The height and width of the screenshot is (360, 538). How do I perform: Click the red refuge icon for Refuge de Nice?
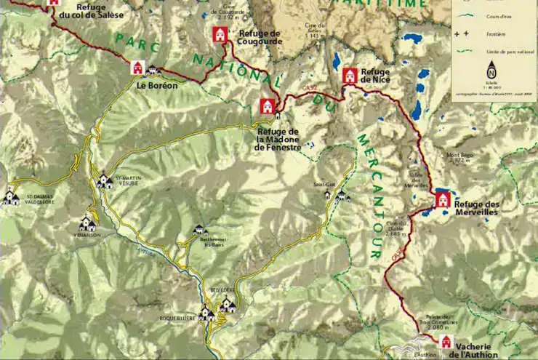pyautogui.click(x=350, y=75)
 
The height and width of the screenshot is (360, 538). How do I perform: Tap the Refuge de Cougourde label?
pyautogui.click(x=254, y=38)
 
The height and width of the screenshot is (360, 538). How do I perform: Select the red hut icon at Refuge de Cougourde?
pyautogui.click(x=220, y=34)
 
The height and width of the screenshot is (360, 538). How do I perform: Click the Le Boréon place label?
pyautogui.click(x=157, y=84)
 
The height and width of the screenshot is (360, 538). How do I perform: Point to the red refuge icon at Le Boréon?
pyautogui.click(x=137, y=68)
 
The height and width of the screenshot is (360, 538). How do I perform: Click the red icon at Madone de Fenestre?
pyautogui.click(x=267, y=107)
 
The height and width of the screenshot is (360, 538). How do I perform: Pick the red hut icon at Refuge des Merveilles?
pyautogui.click(x=442, y=199)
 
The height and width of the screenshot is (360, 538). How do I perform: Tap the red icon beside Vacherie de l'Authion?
pyautogui.click(x=446, y=342)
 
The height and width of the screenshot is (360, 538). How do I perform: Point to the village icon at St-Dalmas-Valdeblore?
pyautogui.click(x=10, y=197)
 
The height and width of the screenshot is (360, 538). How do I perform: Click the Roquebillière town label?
pyautogui.click(x=179, y=318)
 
